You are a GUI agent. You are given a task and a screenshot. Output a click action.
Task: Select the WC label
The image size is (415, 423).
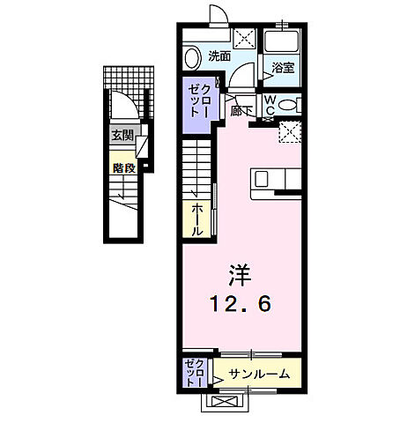coord(271,105)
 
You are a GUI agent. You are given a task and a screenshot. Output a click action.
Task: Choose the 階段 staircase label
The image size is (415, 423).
coord(122,164)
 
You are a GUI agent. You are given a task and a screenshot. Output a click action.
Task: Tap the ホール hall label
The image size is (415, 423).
coord(197,219)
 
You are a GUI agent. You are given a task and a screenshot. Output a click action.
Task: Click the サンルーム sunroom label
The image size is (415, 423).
coord(259,374)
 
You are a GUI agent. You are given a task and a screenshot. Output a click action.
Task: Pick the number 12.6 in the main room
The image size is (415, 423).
coord(240,304)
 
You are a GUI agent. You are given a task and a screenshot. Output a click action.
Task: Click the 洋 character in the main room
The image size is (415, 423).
coord(241,274)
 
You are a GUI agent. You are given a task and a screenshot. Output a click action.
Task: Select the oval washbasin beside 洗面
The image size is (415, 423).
coord(192,58)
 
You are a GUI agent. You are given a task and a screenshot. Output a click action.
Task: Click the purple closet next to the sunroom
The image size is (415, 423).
coord(195,373)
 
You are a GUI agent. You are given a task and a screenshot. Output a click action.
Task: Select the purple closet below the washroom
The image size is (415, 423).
coord(197,105)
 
